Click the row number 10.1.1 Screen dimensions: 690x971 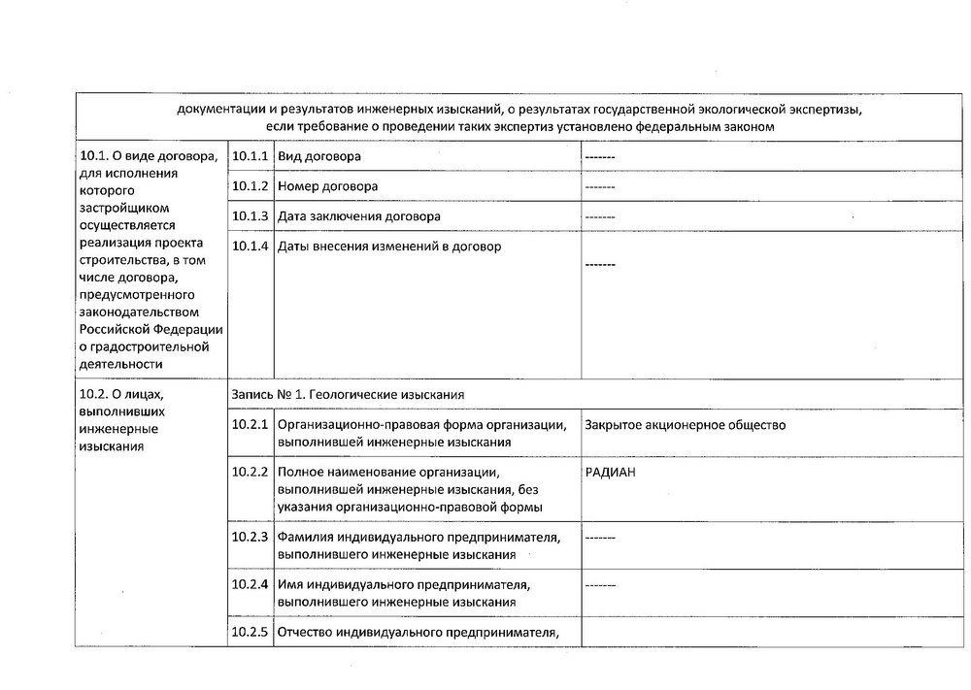tap(250, 156)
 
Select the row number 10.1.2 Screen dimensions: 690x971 tap(250, 185)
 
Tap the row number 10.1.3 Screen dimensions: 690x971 tap(250, 216)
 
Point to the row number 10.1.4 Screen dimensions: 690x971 tap(250, 246)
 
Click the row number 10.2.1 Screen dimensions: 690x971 tap(250, 425)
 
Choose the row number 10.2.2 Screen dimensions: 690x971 tap(250, 472)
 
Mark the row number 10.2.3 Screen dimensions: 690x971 tap(250, 537)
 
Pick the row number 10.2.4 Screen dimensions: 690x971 tap(250, 584)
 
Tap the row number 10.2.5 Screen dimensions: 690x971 tap(250, 633)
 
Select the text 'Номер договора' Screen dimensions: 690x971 tap(327, 185)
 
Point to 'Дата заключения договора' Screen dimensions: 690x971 tap(358, 216)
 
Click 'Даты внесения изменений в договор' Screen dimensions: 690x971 tap(389, 246)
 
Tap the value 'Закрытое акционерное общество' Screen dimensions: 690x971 tap(686, 425)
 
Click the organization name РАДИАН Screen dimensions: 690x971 tap(617, 472)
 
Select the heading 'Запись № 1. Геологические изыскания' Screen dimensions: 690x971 tap(349, 395)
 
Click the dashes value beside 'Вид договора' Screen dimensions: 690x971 tap(601, 156)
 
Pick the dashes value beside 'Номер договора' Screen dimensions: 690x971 tap(601, 185)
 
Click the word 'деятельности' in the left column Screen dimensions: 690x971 tap(118, 364)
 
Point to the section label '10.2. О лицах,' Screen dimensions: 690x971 tap(122, 394)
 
